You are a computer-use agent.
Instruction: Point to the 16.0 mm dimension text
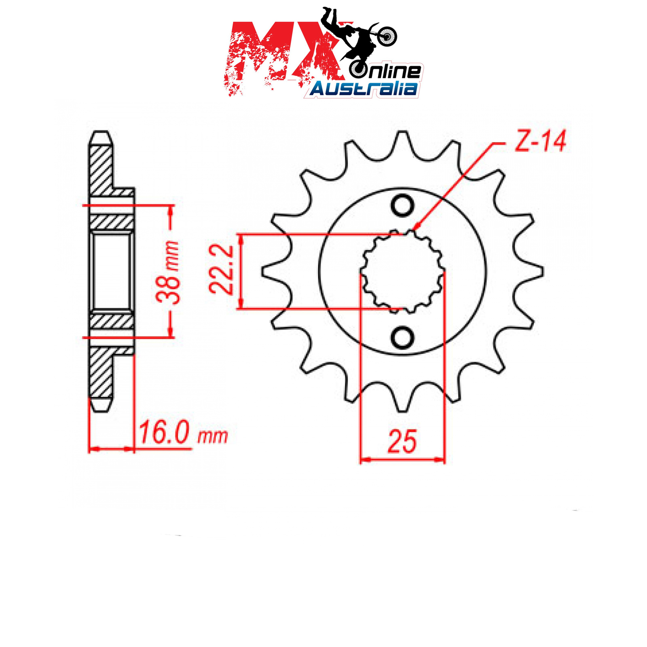coord(183,433)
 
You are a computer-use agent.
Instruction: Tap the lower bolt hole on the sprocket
coord(402,337)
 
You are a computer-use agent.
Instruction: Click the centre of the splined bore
coord(402,271)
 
